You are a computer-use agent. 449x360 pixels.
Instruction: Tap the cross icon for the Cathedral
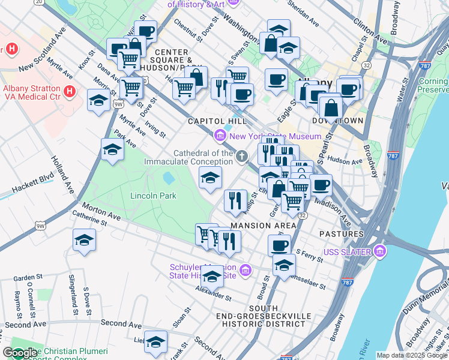click(242, 157)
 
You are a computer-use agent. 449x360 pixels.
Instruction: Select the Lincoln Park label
click(153, 196)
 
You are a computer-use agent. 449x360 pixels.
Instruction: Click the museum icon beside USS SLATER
click(379, 251)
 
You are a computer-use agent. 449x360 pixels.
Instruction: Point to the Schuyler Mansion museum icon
click(244, 271)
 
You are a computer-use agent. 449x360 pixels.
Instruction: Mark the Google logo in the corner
click(20, 353)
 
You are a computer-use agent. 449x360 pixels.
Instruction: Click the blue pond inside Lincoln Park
click(169, 178)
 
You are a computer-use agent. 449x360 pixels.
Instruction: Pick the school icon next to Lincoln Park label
click(210, 177)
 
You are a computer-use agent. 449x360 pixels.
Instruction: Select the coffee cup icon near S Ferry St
click(279, 244)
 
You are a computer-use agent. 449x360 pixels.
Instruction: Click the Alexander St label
click(213, 293)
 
